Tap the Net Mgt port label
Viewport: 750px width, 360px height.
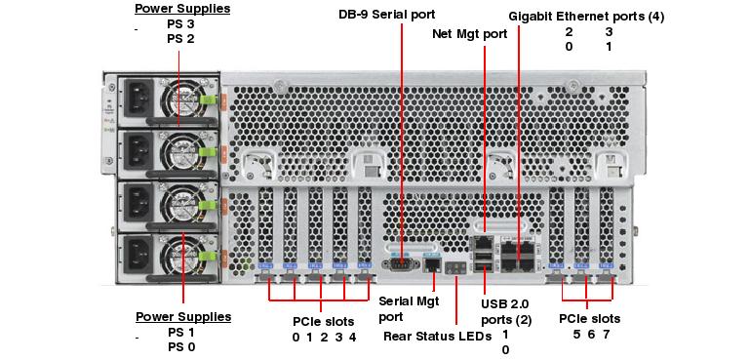[469, 33]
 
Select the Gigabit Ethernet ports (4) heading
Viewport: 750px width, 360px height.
[586, 17]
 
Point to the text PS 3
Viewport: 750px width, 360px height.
[181, 24]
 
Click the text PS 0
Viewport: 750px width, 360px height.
[181, 346]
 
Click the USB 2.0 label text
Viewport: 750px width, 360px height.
[506, 303]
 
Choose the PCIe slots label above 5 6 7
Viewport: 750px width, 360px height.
[589, 319]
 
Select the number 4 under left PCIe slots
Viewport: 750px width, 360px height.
[352, 337]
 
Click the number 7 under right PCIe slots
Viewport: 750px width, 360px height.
[606, 335]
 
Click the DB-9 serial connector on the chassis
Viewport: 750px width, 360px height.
[402, 260]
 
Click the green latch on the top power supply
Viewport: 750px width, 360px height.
[207, 99]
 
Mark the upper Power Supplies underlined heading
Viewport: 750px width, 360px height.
[182, 10]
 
